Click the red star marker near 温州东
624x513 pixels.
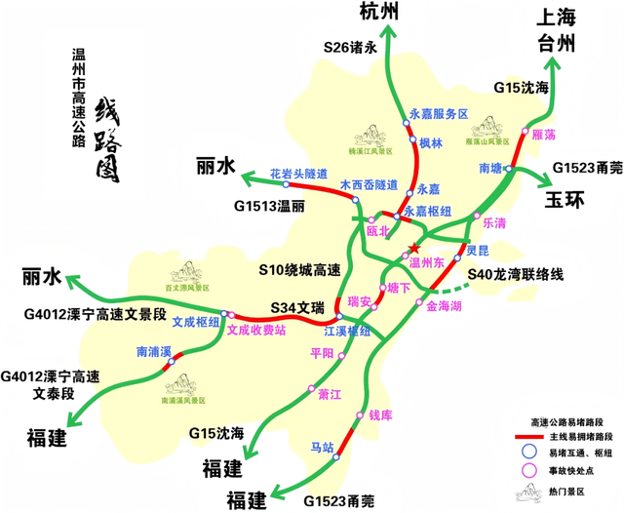(x=415, y=247)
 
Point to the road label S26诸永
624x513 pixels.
(x=350, y=46)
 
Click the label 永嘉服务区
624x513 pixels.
(x=439, y=114)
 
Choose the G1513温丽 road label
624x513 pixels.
(x=269, y=207)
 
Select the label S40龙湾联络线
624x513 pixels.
(x=516, y=276)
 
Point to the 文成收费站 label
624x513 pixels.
(x=255, y=331)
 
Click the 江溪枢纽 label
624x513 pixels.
(x=352, y=332)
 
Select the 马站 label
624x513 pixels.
(x=322, y=447)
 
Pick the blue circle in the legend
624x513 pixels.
(x=529, y=452)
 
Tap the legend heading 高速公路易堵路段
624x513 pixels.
(x=565, y=418)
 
